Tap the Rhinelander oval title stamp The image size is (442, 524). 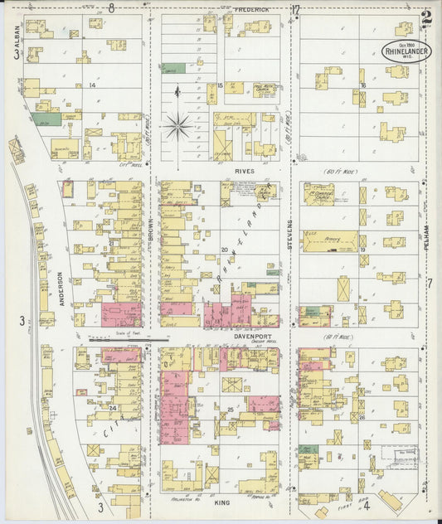point(406,50)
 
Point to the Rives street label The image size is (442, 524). point(245,172)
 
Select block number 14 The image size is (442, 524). point(93,85)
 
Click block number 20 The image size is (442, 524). point(224,249)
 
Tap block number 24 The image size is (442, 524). point(111,407)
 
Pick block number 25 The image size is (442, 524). point(230,410)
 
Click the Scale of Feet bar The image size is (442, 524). point(129,338)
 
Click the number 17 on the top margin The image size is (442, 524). point(295,9)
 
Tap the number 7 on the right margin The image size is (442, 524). point(430,284)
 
